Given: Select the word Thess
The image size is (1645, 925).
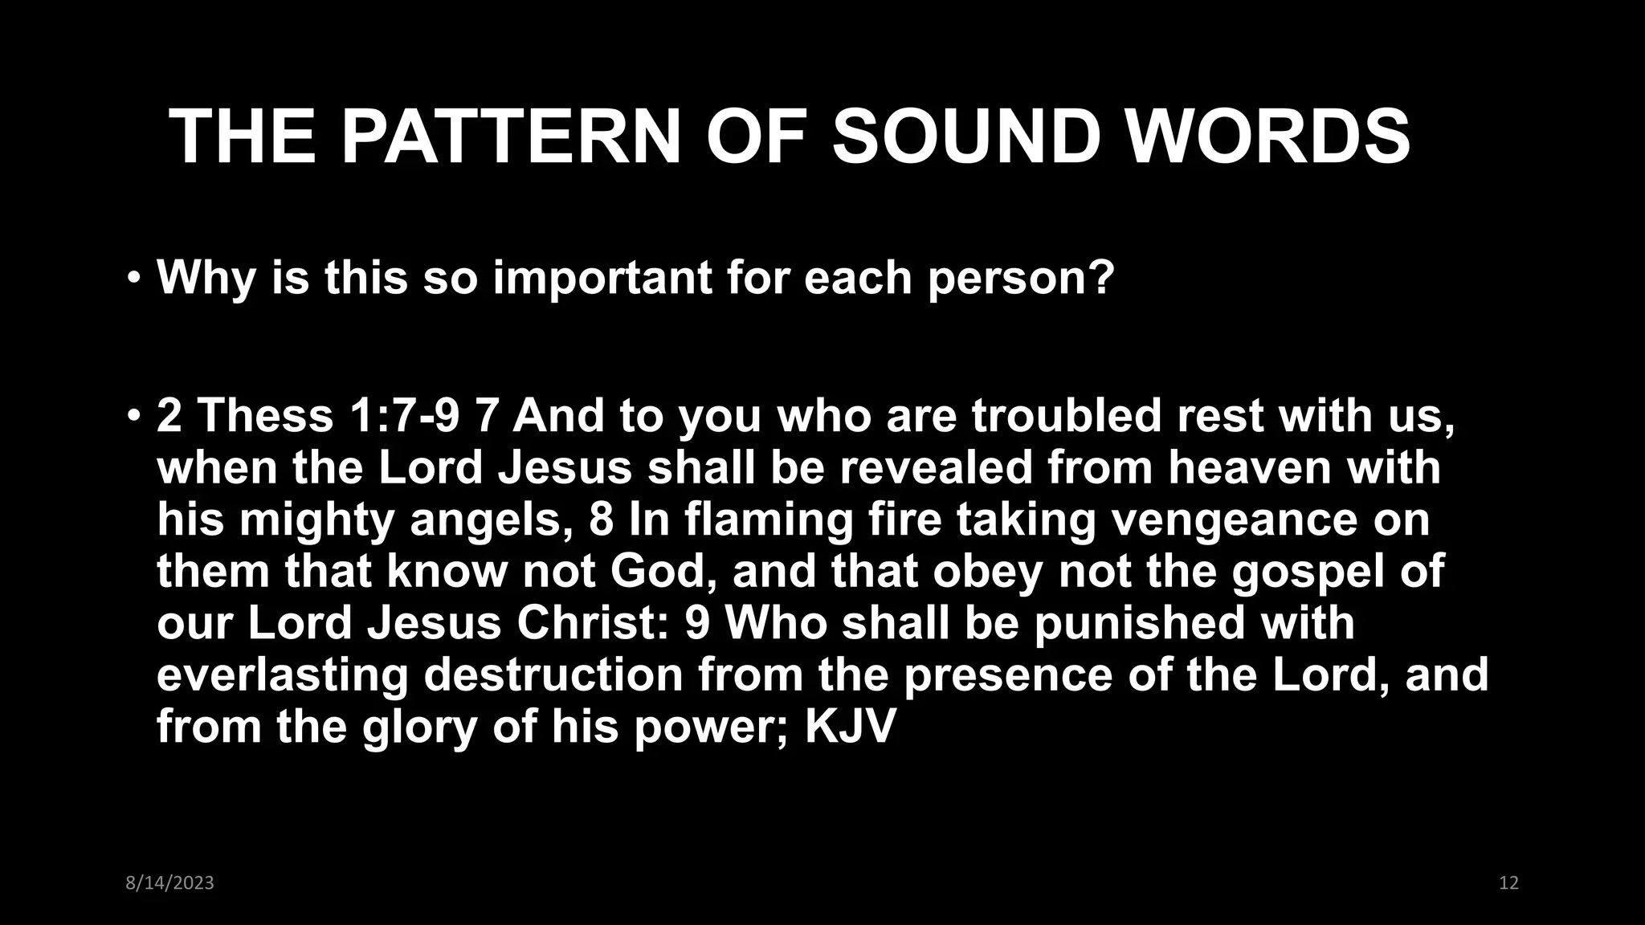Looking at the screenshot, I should pos(265,416).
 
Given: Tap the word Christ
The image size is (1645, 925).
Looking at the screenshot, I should pos(592,623).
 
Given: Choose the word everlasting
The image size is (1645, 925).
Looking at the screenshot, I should pos(283,675).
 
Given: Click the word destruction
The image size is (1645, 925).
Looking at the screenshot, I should pos(553,674).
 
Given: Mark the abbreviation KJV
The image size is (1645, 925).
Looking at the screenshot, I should pos(850,727).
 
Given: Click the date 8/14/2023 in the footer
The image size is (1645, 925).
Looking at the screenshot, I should pos(170,883).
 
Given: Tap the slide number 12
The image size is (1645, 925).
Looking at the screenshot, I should pos(1508,883).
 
